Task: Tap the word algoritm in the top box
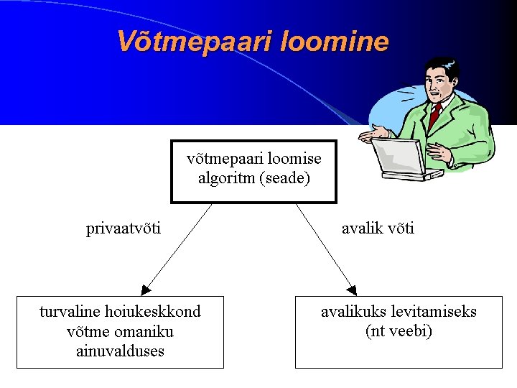(x=226, y=177)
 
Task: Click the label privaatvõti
(x=124, y=228)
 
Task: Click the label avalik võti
(x=378, y=228)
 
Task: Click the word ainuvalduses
(x=120, y=351)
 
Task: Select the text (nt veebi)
(x=399, y=331)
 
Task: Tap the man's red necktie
(x=434, y=116)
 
